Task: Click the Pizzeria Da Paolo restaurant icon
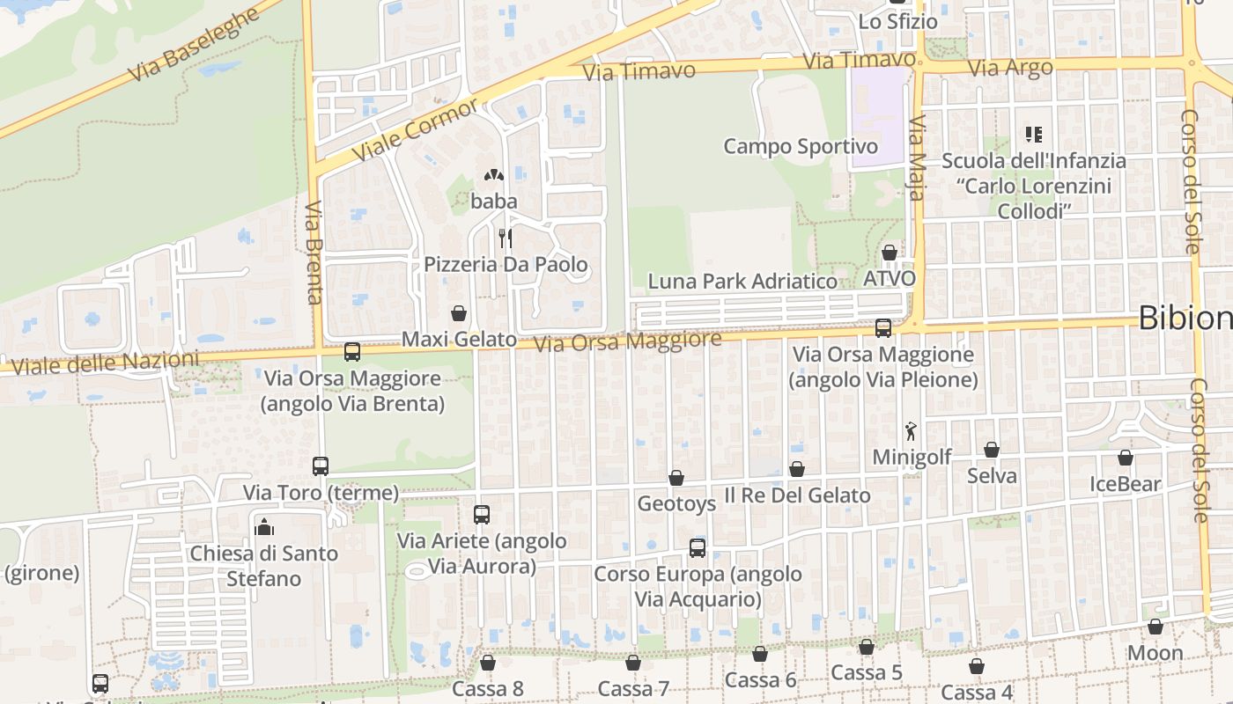pyautogui.click(x=506, y=238)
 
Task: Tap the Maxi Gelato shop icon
pyautogui.click(x=459, y=313)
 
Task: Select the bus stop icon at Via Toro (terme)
pyautogui.click(x=321, y=466)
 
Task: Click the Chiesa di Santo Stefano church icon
pyautogui.click(x=263, y=527)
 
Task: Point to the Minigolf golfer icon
pyautogui.click(x=911, y=431)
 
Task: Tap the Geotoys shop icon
pyautogui.click(x=676, y=478)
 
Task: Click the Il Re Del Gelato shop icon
pyautogui.click(x=797, y=469)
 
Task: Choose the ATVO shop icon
pyautogui.click(x=890, y=253)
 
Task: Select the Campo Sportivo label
pyautogui.click(x=801, y=147)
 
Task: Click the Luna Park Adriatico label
pyautogui.click(x=742, y=282)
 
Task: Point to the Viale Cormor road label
pyautogui.click(x=415, y=129)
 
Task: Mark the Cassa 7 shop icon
pyautogui.click(x=633, y=663)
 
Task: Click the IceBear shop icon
pyautogui.click(x=1126, y=458)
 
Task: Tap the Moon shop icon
pyautogui.click(x=1155, y=627)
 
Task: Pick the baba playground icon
pyautogui.click(x=494, y=175)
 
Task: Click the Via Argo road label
pyautogui.click(x=1009, y=68)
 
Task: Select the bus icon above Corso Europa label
pyautogui.click(x=698, y=548)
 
